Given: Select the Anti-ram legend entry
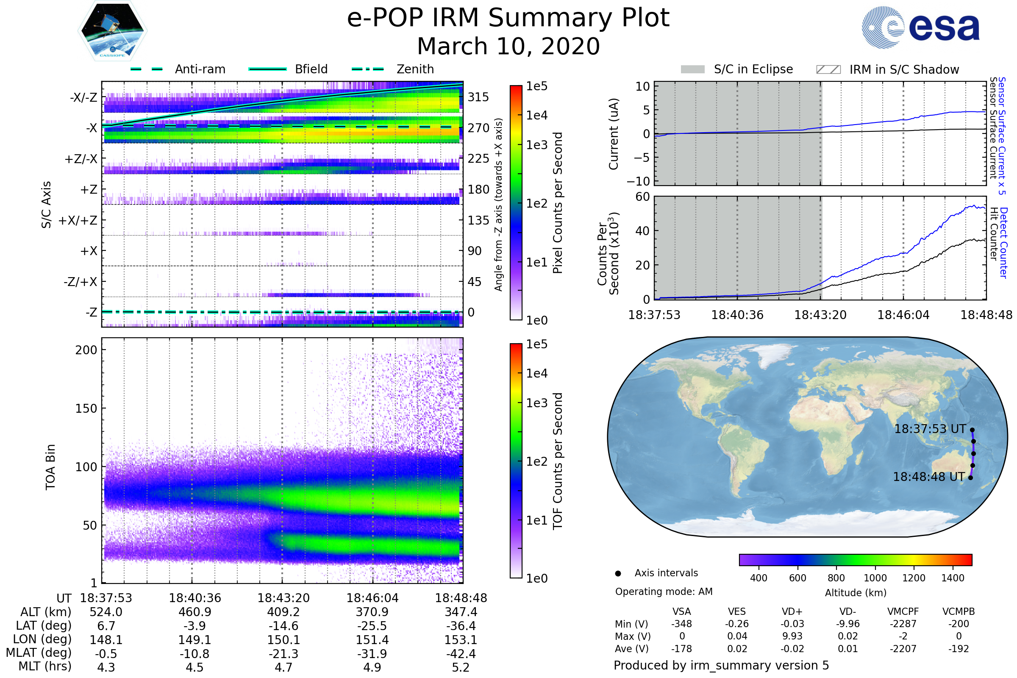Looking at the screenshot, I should [x=200, y=69].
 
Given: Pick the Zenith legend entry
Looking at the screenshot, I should [x=415, y=69].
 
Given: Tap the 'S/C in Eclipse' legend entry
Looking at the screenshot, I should [x=753, y=69].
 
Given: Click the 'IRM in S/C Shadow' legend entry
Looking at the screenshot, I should [x=904, y=69].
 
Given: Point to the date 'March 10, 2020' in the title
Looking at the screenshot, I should [x=508, y=46].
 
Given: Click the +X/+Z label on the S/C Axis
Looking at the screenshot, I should [x=78, y=220].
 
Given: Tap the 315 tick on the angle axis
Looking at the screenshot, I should [x=478, y=97].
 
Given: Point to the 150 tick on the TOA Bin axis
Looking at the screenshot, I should [x=86, y=408].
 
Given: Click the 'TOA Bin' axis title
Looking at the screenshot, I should [x=50, y=467].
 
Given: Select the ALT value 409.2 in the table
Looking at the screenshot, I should [x=283, y=612].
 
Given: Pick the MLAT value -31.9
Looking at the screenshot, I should [x=372, y=653].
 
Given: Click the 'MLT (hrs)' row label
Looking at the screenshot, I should [x=44, y=666].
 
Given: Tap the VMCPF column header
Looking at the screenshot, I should [x=903, y=611].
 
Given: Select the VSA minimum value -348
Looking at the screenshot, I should [x=681, y=624].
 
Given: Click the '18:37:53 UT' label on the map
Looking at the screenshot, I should [x=930, y=429].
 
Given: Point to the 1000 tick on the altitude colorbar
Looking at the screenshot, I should [x=875, y=578].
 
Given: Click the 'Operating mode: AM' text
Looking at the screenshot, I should [x=664, y=592].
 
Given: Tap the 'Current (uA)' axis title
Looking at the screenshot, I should [x=614, y=134].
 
